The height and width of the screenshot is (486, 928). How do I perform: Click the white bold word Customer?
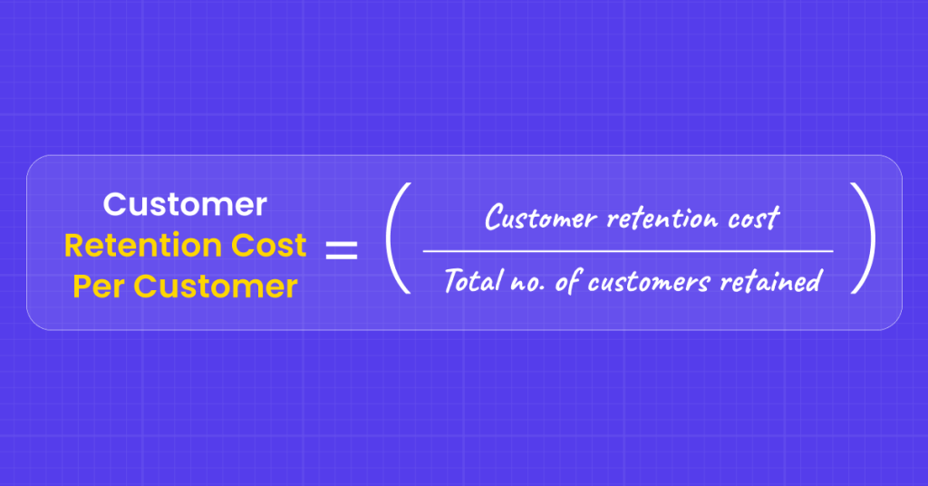pos(185,204)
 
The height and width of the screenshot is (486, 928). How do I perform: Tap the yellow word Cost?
pos(267,246)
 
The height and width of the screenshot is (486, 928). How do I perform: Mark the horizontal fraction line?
pos(627,250)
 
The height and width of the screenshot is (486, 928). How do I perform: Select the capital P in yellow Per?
pos(81,287)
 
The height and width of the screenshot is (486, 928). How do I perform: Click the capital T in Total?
pos(451,281)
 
